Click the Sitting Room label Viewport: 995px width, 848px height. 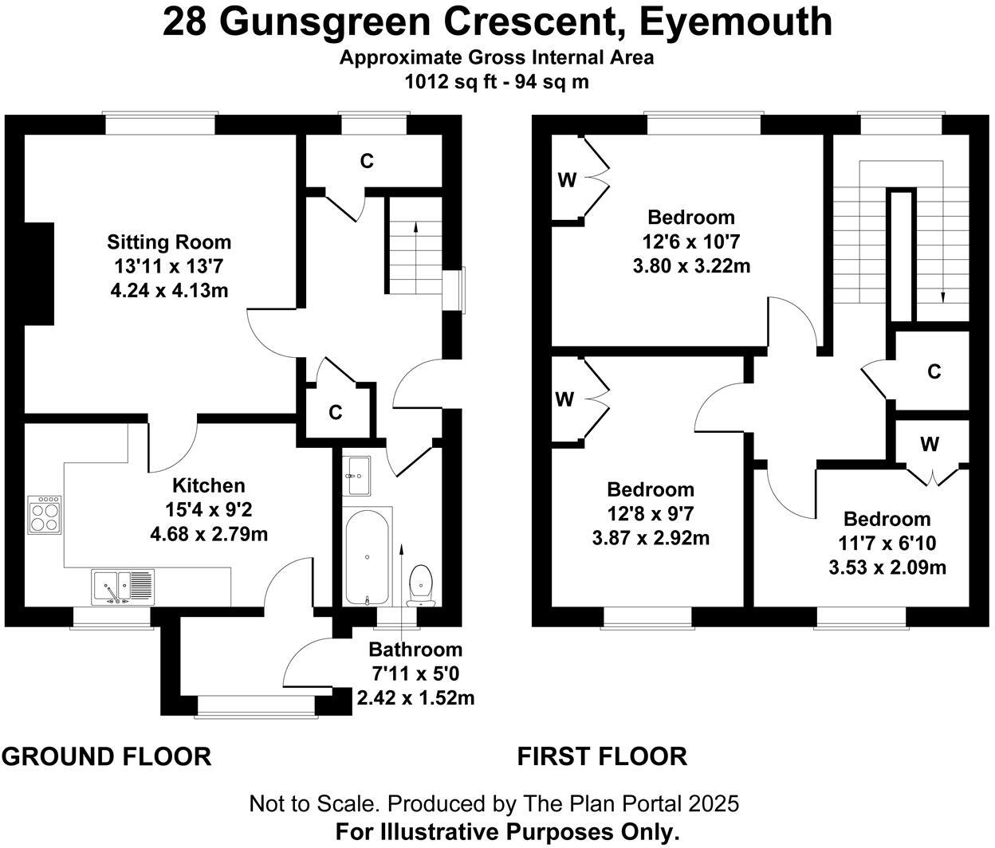pyautogui.click(x=169, y=242)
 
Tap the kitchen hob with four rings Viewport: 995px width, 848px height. pyautogui.click(x=45, y=515)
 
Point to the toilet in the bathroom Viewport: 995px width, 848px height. pyautogui.click(x=420, y=583)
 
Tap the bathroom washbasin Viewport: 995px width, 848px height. pyautogui.click(x=356, y=475)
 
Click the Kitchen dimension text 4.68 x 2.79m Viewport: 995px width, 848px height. pyautogui.click(x=209, y=533)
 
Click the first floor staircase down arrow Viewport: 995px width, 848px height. pyautogui.click(x=943, y=295)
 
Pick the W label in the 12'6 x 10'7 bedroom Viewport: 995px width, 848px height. pyautogui.click(x=567, y=181)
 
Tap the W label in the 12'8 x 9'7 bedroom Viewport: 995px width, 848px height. pyautogui.click(x=564, y=399)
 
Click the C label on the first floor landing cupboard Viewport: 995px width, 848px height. pyautogui.click(x=934, y=371)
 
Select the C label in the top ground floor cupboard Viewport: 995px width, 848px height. pyautogui.click(x=367, y=162)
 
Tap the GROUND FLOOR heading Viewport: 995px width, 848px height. pyautogui.click(x=106, y=756)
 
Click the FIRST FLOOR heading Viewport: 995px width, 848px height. pyautogui.click(x=602, y=756)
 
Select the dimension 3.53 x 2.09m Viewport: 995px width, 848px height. pyautogui.click(x=887, y=567)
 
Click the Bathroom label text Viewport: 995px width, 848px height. pyautogui.click(x=415, y=650)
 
